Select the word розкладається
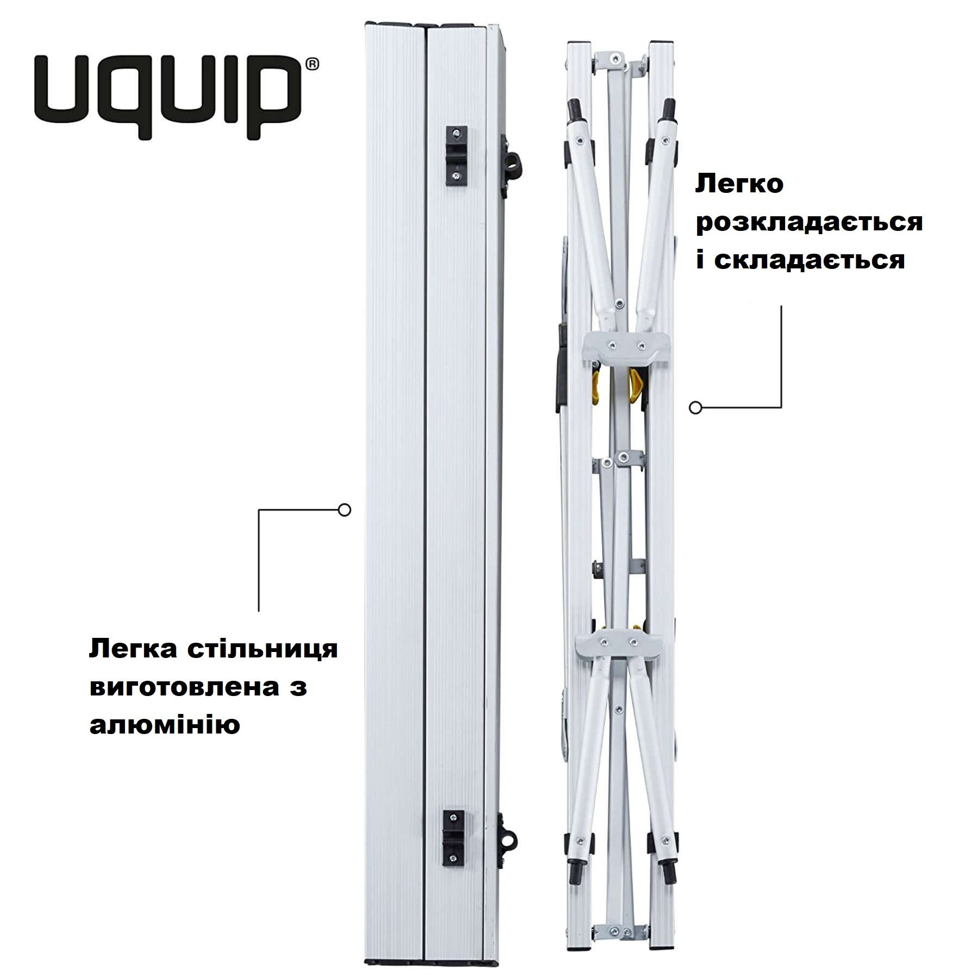(x=809, y=223)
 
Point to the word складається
(x=809, y=260)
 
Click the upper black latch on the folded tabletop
(x=456, y=154)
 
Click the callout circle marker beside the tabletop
(x=344, y=510)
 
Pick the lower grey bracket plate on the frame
(x=619, y=642)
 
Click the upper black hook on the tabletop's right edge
(x=512, y=161)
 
